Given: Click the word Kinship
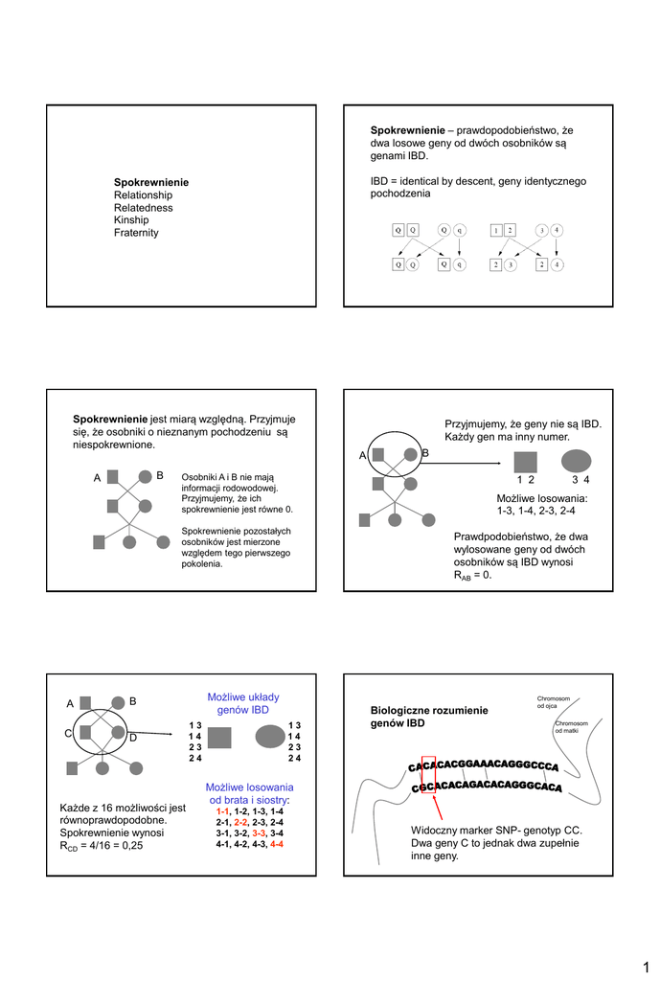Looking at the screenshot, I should point(132,220).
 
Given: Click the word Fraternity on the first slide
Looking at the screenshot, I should point(136,233).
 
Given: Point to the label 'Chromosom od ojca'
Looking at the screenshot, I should point(554,702).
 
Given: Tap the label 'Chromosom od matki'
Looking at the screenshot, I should point(572,727).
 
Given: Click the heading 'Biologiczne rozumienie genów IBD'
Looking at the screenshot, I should point(429,716).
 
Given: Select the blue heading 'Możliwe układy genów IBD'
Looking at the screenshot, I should point(243,703).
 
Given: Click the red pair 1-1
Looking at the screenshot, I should point(222,810).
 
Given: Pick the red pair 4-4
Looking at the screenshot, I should point(277,845).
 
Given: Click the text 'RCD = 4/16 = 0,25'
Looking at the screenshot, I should point(101,846).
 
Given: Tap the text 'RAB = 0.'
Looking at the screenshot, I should point(472,576).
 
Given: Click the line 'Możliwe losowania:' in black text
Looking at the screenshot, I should point(541,499).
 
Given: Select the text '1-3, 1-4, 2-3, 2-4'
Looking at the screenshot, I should point(541,512).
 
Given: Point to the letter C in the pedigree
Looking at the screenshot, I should point(69,733).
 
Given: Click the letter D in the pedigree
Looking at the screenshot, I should point(133,738).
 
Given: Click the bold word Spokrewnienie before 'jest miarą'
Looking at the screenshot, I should point(110,419).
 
